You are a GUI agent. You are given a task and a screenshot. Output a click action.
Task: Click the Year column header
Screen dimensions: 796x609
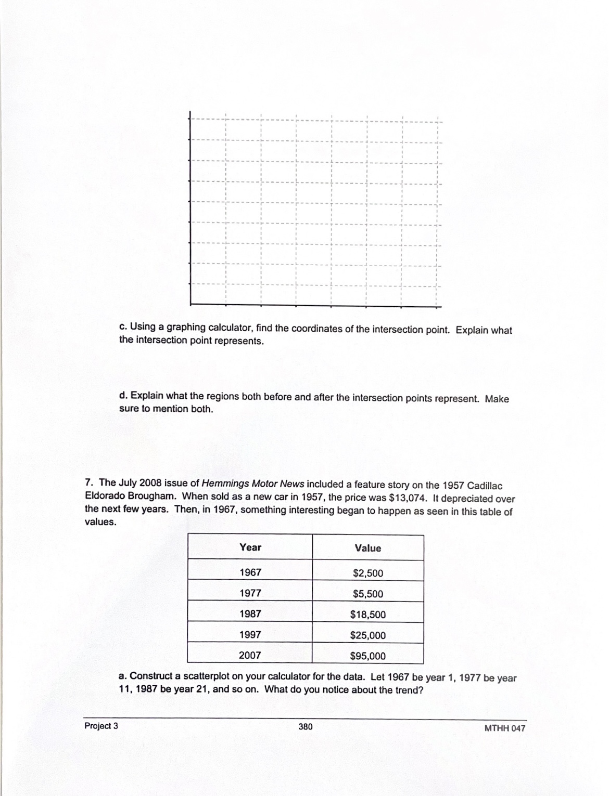click(250, 547)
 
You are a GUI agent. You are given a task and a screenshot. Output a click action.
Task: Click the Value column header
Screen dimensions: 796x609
click(367, 548)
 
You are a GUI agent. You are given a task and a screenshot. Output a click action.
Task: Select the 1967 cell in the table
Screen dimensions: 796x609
click(250, 572)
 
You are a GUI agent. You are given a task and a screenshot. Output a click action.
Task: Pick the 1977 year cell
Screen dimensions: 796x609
click(250, 593)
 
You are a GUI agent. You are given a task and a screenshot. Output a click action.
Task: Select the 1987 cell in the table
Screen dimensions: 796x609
click(250, 614)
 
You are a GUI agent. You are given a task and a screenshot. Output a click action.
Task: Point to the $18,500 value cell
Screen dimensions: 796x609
click(367, 615)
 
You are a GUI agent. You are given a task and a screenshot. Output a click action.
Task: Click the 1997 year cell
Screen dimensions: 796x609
click(250, 635)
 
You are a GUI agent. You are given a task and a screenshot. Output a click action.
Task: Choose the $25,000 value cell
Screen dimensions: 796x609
click(367, 635)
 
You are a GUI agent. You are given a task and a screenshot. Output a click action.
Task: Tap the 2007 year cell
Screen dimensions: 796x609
click(250, 655)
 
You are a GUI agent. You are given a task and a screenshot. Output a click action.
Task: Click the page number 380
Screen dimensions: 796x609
click(306, 726)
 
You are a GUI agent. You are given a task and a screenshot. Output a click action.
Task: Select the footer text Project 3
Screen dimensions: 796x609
click(101, 726)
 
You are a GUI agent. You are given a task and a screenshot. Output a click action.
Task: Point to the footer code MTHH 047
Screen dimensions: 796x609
click(504, 728)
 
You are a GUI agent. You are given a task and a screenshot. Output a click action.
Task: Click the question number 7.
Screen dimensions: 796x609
click(88, 482)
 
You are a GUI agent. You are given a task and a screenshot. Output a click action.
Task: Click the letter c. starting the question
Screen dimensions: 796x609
click(123, 327)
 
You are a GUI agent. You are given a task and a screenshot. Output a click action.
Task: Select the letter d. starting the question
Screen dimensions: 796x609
click(123, 396)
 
